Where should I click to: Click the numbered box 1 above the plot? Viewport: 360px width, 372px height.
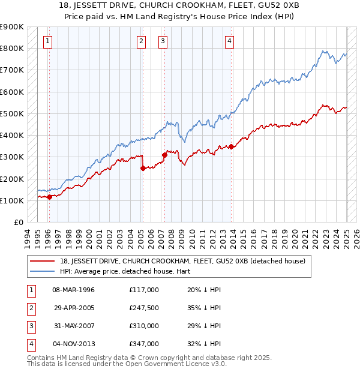pyautogui.click(x=47, y=41)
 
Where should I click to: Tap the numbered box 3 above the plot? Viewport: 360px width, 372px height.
pyautogui.click(x=163, y=41)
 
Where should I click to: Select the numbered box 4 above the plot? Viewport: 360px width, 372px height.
pyautogui.click(x=230, y=41)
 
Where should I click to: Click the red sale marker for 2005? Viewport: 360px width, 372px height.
pyautogui.click(x=143, y=169)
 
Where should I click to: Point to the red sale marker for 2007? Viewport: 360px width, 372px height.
pyautogui.click(x=164, y=155)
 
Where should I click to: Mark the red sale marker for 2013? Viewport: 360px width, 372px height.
pyautogui.click(x=232, y=146)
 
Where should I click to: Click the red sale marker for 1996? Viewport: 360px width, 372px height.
pyautogui.click(x=49, y=197)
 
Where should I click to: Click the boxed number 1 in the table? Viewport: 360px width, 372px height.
pyautogui.click(x=31, y=290)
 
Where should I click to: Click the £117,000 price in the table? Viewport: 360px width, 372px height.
pyautogui.click(x=143, y=290)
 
